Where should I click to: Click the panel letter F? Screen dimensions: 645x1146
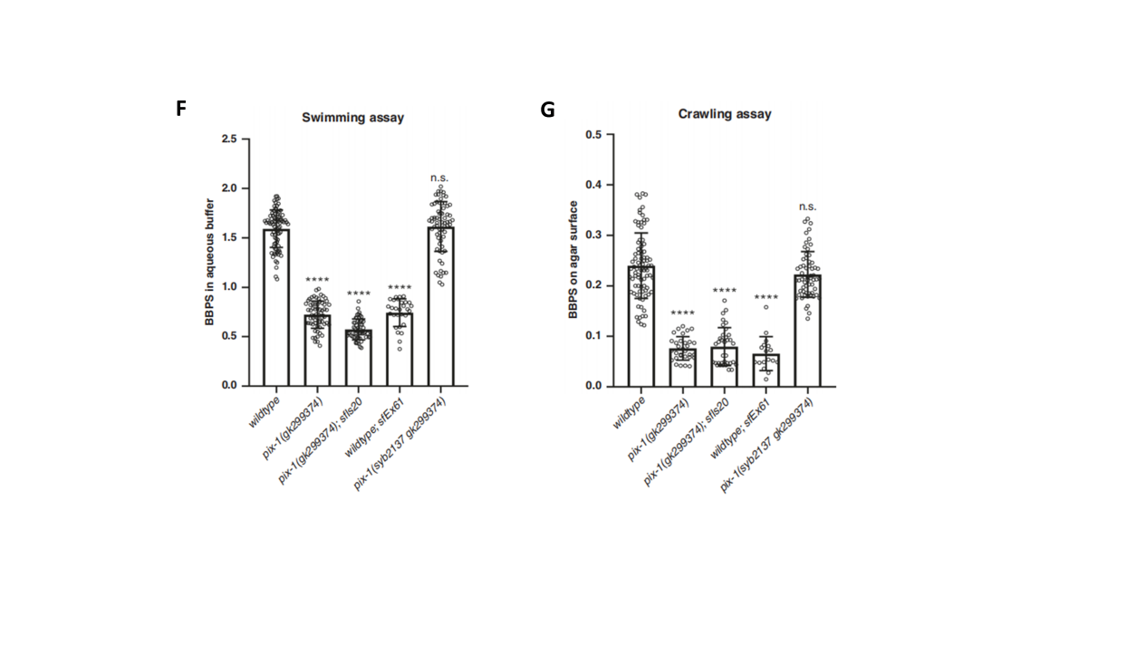click(181, 109)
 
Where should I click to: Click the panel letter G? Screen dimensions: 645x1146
click(547, 111)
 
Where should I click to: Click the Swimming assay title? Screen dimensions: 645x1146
click(352, 118)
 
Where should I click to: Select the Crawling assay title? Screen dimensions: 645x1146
click(725, 114)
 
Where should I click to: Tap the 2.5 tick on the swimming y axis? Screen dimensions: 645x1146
click(229, 139)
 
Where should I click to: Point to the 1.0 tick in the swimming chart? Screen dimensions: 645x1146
click(229, 287)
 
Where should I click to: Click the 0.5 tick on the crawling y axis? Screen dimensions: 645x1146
click(593, 134)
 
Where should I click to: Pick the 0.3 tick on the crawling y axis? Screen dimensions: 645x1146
click(593, 235)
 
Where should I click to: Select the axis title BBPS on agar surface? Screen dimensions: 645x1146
click(573, 259)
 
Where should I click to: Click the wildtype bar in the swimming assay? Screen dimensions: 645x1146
click(276, 308)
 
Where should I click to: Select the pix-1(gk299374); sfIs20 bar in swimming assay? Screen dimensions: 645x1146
click(358, 358)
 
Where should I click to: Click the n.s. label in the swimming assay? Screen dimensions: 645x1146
click(440, 178)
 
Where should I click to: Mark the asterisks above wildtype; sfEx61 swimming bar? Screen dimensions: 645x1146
click(400, 289)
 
